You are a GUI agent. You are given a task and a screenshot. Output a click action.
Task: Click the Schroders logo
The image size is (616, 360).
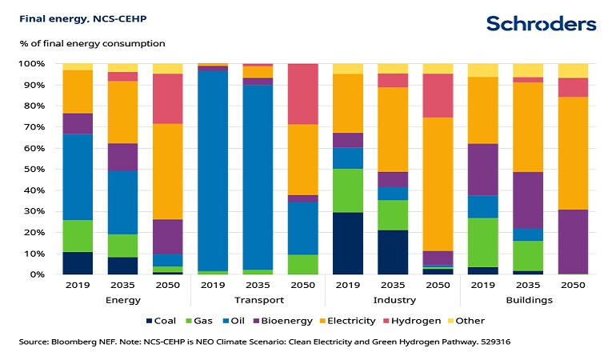click(x=541, y=23)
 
